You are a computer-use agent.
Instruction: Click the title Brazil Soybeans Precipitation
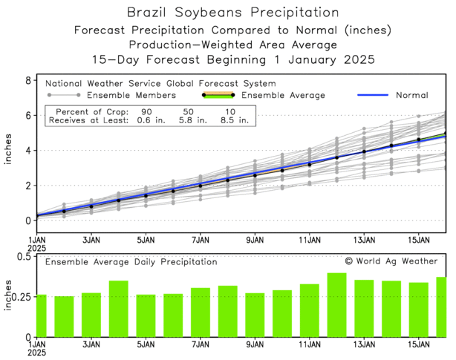point(227,13)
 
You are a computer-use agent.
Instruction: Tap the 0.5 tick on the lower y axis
point(23,257)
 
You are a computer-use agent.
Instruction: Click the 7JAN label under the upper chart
point(201,240)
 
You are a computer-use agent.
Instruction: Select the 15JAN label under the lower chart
point(419,345)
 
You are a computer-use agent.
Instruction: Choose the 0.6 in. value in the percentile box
point(136,122)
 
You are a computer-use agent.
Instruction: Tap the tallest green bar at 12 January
point(336,305)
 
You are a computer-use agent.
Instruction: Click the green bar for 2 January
point(64,316)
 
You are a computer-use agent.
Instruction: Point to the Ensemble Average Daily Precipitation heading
point(131,262)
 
